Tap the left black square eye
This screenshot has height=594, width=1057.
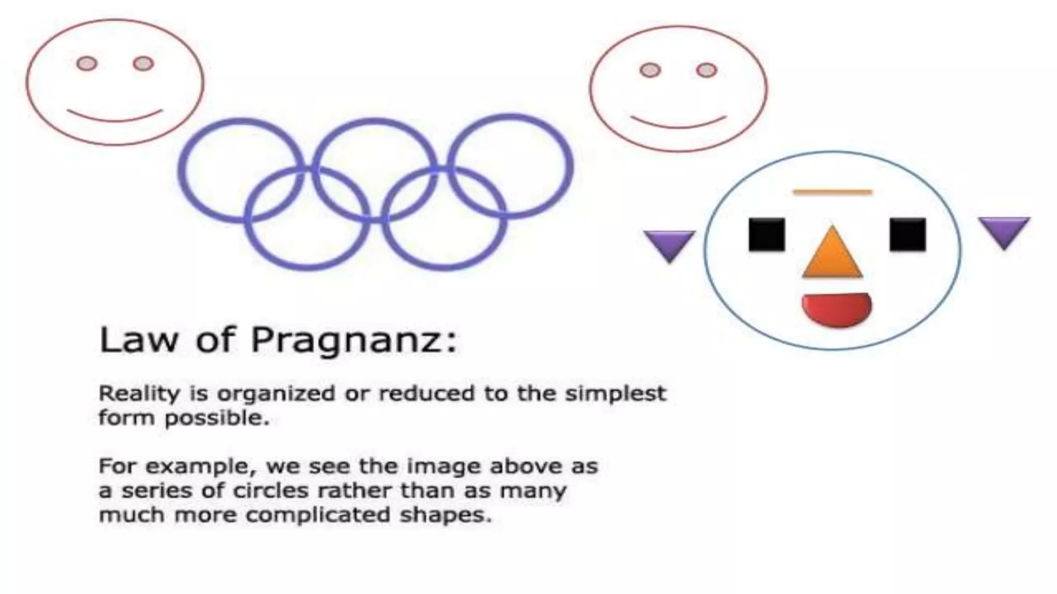[766, 235]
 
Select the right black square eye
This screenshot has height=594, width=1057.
[907, 235]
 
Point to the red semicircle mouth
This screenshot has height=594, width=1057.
[836, 308]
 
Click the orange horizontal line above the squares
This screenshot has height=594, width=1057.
[832, 192]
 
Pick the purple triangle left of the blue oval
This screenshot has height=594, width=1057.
[669, 244]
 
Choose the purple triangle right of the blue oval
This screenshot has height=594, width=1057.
[1004, 230]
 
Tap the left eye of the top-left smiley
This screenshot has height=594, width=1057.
[87, 63]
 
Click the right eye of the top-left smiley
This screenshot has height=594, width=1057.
[143, 63]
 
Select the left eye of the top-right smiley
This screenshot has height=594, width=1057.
[650, 70]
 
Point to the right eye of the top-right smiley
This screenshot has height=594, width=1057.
[706, 70]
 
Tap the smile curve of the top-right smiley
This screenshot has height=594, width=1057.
[678, 124]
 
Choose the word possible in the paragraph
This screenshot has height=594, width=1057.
[217, 418]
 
